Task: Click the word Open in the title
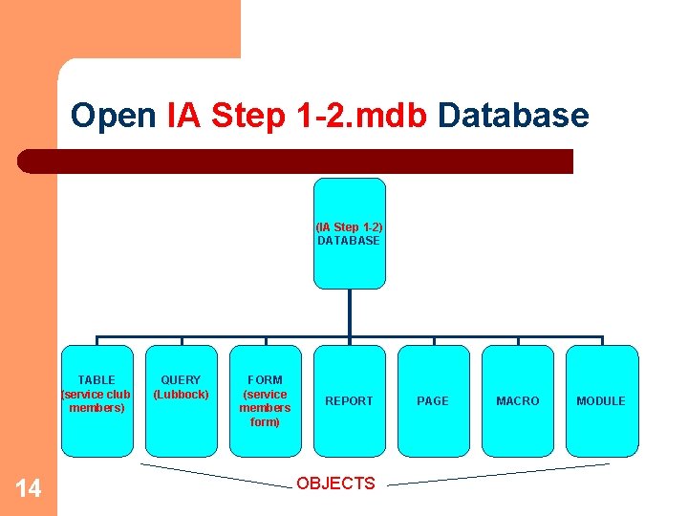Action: [x=113, y=117]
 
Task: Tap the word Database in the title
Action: [x=513, y=117]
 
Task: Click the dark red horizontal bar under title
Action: [x=296, y=161]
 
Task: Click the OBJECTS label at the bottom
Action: [x=335, y=484]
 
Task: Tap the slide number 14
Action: [x=29, y=489]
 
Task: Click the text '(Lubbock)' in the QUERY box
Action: [x=181, y=395]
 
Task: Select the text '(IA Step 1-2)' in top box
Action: [x=349, y=227]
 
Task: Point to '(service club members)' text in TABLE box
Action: [x=97, y=401]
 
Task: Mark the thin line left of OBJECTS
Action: [x=215, y=475]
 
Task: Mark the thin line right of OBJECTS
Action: [x=497, y=475]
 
